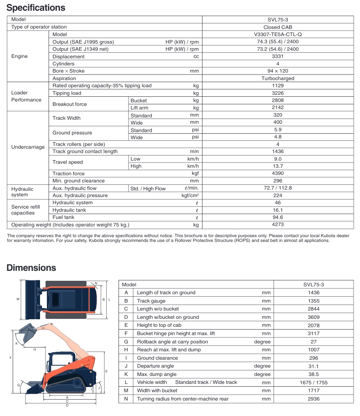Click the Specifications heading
36,8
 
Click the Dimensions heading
31,268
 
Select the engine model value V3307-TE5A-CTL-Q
278,35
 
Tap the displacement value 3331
278,56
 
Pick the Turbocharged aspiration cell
278,79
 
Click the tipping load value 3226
278,93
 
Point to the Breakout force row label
70,104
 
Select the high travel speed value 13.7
278,166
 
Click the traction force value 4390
278,173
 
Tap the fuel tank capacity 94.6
278,217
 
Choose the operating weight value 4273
278,225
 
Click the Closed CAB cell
278,27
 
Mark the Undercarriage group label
28,147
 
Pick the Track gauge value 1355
313,301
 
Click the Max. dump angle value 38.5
313,374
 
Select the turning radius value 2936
313,399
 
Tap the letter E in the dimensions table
126,325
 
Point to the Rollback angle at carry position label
172,342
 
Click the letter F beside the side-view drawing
10,358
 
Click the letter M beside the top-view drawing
18,299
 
